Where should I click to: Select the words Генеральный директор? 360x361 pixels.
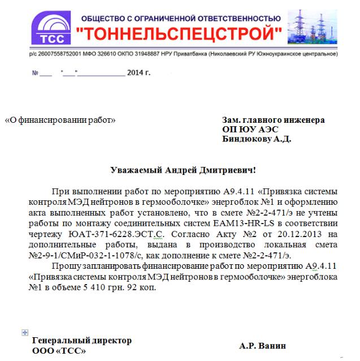point(82,341)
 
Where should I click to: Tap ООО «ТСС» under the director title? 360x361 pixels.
point(59,351)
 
